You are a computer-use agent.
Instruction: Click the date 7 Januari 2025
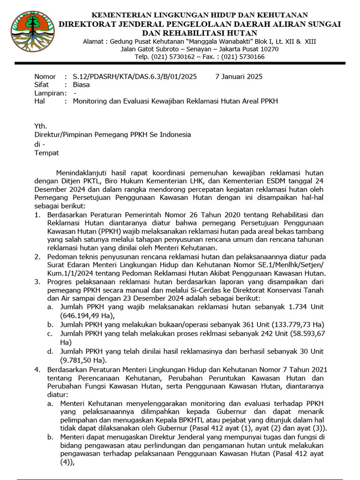[x=239, y=76]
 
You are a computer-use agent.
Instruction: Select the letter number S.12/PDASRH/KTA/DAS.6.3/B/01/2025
[x=135, y=76]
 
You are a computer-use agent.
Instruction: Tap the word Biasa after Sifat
[x=81, y=85]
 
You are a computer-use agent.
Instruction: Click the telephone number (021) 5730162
[x=173, y=57]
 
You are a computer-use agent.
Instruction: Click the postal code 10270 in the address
[x=270, y=49]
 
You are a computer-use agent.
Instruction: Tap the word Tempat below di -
[x=47, y=152]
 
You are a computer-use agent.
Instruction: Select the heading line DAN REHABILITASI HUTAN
[x=200, y=33]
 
